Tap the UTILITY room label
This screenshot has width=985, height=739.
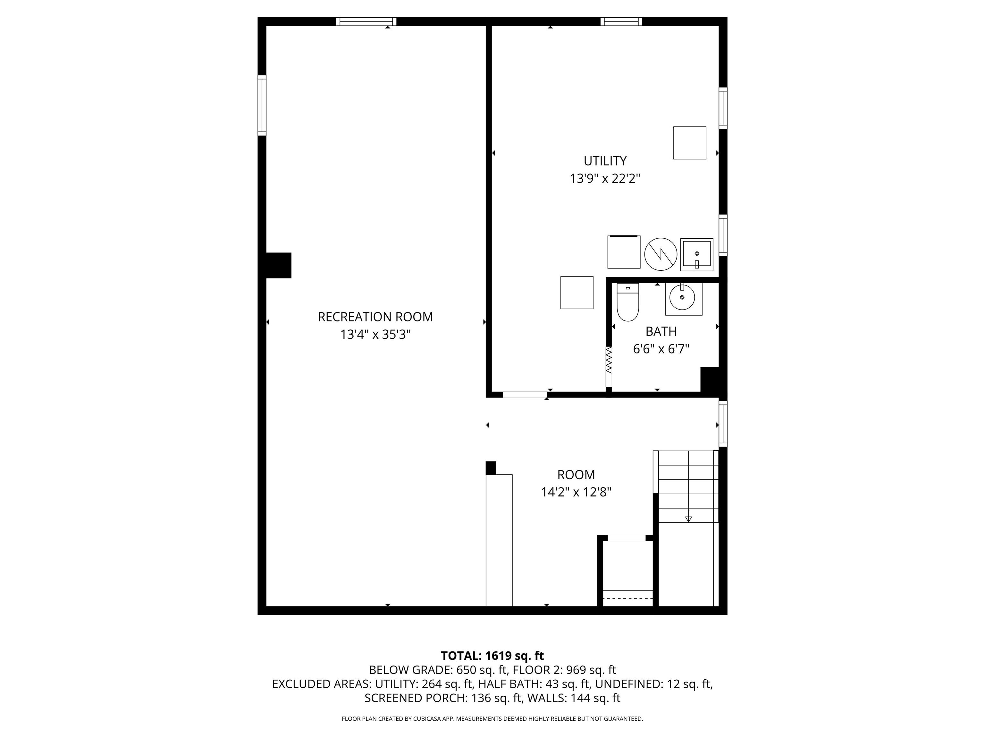tap(605, 161)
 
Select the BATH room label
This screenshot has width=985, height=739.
tap(661, 331)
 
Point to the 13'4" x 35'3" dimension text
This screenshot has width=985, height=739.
tap(375, 335)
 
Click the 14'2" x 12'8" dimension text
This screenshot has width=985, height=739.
tap(576, 492)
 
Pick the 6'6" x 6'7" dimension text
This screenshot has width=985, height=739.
tap(661, 349)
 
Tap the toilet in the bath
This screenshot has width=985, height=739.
tap(628, 302)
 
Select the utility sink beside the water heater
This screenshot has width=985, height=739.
tap(697, 255)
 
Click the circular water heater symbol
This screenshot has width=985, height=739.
tap(661, 254)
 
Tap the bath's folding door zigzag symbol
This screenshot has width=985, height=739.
tap(609, 360)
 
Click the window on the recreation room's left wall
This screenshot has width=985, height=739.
tap(262, 106)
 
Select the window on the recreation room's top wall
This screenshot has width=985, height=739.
tap(366, 21)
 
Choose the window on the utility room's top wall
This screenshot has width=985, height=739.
tap(621, 21)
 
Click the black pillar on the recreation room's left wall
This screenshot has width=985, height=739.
tap(279, 266)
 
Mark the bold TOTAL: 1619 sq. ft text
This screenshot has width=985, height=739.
tap(492, 656)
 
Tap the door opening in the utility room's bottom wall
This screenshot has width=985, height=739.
tap(525, 395)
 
